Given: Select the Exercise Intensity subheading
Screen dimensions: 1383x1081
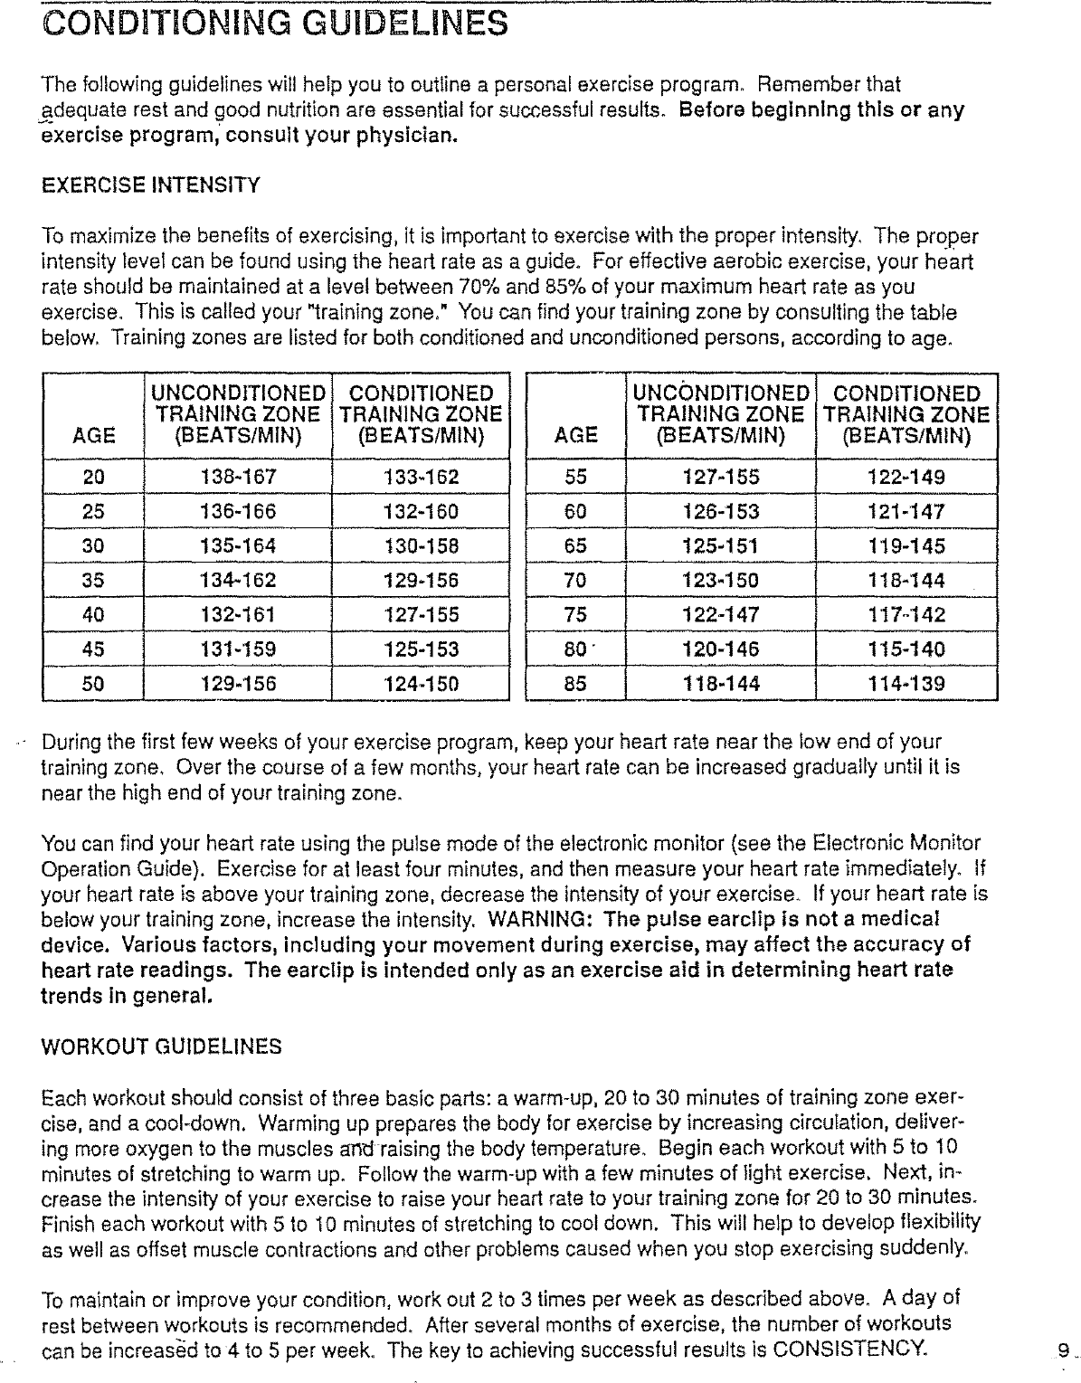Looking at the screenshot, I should (151, 186).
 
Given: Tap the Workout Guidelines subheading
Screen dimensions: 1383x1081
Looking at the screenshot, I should (162, 1047).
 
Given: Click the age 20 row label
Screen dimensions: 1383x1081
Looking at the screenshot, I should (94, 478).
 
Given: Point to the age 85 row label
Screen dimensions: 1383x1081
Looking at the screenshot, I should (575, 684).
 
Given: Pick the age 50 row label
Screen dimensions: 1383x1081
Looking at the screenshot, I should (94, 684).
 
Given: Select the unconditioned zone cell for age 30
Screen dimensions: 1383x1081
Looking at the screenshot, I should (238, 546).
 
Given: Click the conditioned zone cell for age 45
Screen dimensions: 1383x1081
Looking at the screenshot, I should (421, 649).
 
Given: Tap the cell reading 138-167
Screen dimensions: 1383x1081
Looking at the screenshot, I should (238, 478).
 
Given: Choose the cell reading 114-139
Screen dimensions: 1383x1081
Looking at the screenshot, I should (906, 684).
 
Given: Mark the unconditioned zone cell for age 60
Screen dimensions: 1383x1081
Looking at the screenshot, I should (721, 512).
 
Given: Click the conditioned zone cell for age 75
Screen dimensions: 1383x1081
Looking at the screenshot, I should (906, 615).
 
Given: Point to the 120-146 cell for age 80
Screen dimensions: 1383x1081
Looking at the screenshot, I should (721, 649).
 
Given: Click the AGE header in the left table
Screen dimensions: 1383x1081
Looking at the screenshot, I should (94, 436).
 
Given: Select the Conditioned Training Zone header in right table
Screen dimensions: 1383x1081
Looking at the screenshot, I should (906, 415).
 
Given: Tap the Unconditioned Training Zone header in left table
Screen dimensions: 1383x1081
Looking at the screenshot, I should (238, 415).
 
